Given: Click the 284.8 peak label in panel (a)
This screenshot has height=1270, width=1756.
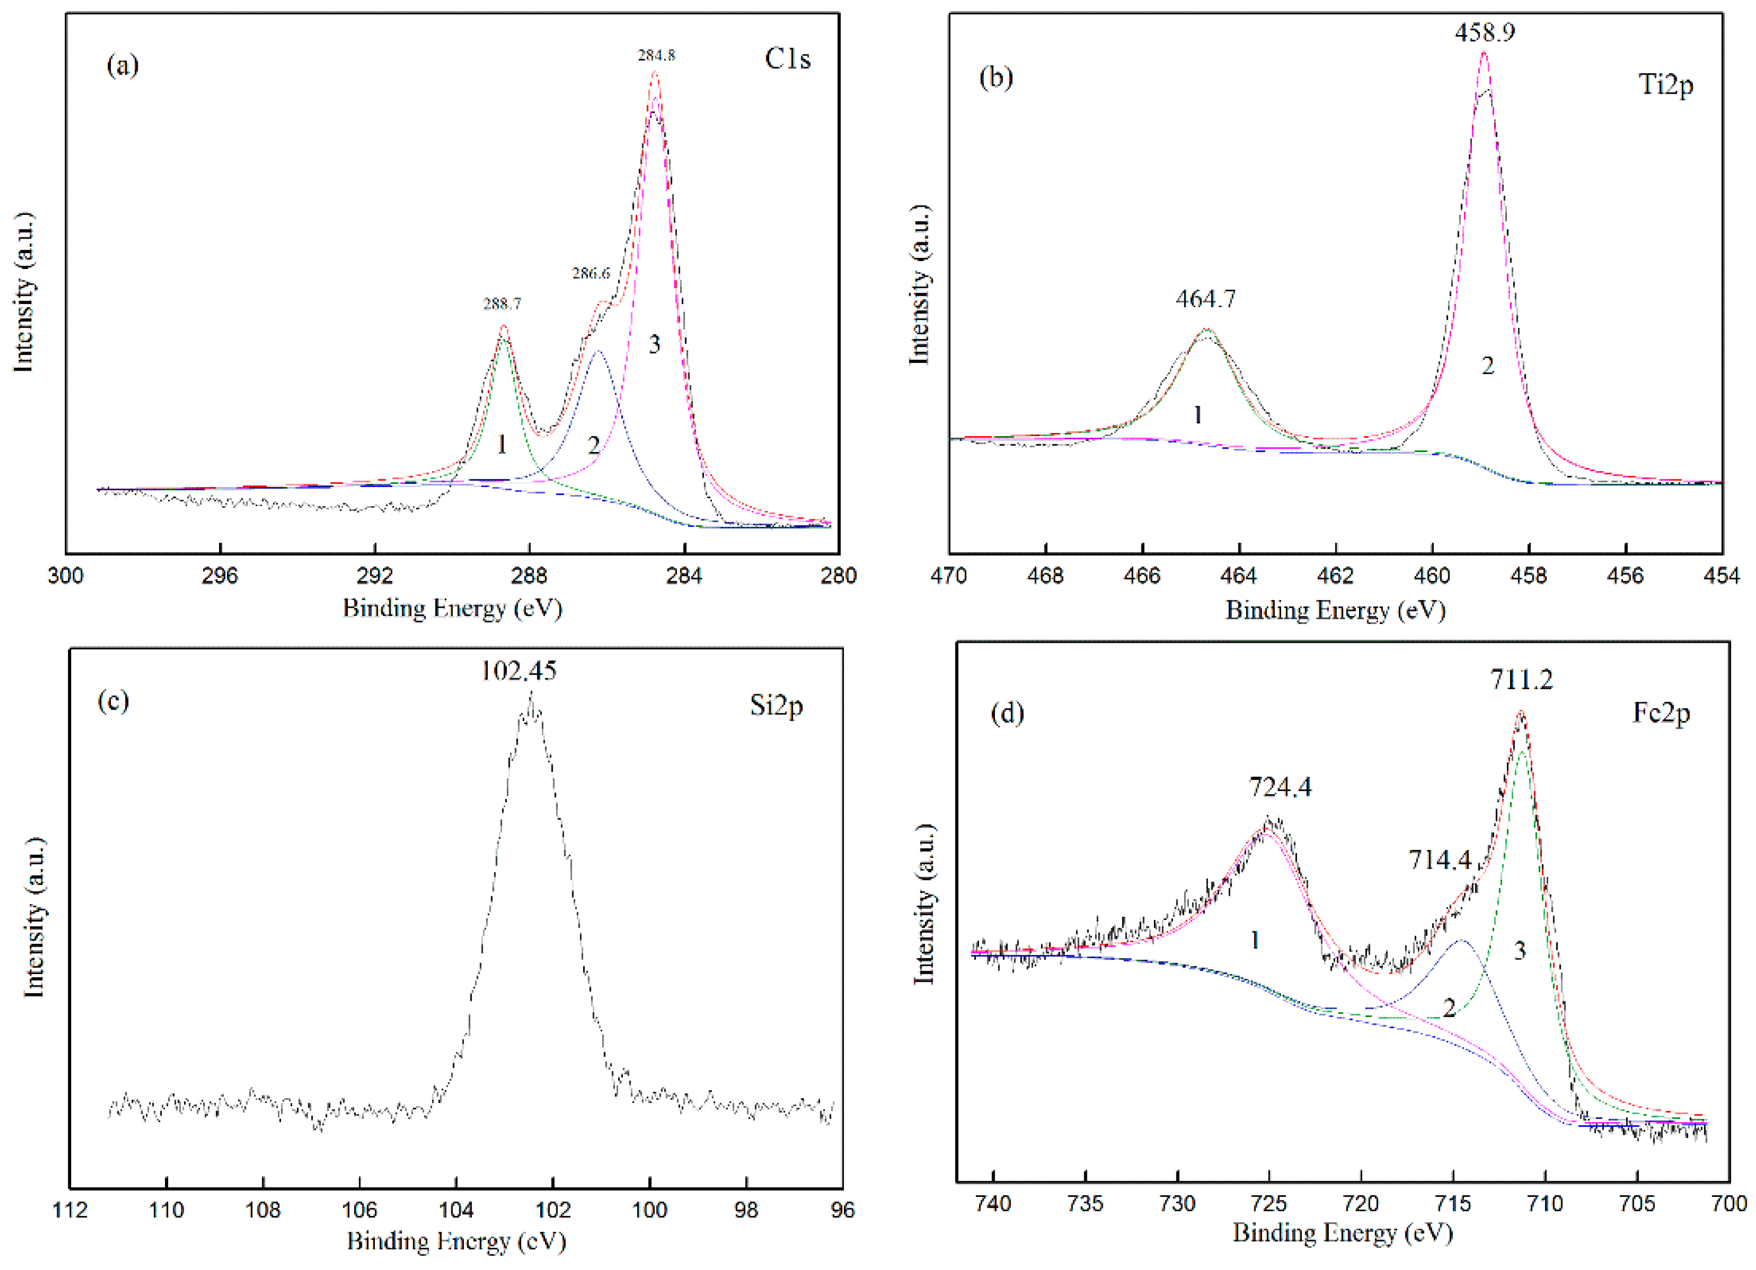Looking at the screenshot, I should click(x=656, y=55).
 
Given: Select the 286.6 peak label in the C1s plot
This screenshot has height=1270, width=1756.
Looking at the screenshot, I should click(x=591, y=273).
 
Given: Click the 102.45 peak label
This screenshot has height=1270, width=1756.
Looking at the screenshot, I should click(x=518, y=670).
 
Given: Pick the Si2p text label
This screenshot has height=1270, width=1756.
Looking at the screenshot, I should click(x=776, y=705).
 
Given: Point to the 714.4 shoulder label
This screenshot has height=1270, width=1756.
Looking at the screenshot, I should click(x=1439, y=859).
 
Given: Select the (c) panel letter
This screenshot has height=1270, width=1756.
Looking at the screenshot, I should click(x=113, y=700).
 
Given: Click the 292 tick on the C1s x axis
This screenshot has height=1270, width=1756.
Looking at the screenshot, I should click(x=375, y=576).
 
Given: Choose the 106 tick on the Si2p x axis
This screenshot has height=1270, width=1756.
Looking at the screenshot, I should click(x=359, y=1210).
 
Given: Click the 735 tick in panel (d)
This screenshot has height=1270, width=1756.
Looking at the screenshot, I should click(x=1085, y=1204).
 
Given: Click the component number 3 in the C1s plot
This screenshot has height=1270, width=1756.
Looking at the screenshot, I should click(x=654, y=344).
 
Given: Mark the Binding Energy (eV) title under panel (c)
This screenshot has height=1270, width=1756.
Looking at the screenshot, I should click(x=456, y=1241).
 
